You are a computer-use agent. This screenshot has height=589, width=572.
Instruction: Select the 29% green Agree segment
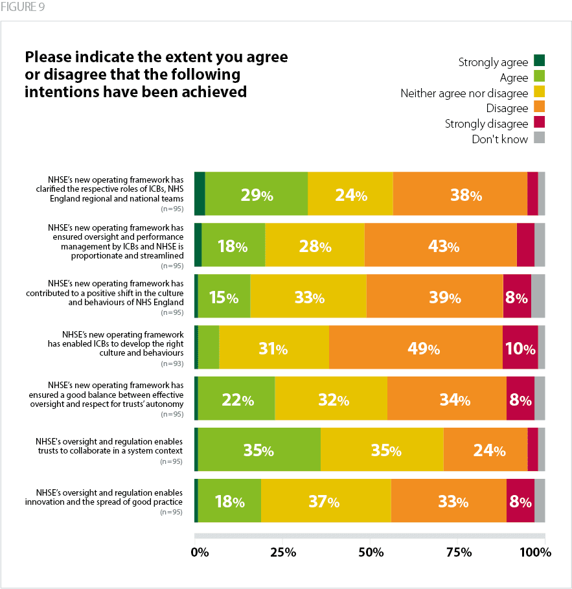[x=256, y=194]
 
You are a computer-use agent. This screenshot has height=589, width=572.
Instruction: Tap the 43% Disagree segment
[x=440, y=245]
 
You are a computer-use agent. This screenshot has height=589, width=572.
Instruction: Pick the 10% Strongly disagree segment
[x=520, y=348]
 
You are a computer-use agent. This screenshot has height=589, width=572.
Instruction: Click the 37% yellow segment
[x=325, y=500]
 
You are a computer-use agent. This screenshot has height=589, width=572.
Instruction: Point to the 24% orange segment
[x=485, y=449]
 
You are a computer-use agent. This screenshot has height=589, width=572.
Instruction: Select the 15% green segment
[x=223, y=296]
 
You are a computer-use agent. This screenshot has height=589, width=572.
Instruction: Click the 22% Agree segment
[x=236, y=398]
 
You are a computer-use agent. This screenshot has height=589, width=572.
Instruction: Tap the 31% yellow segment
[x=273, y=348]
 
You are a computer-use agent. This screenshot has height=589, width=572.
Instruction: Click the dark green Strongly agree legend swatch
[x=539, y=61]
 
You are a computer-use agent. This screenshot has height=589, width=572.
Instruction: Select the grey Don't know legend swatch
[x=539, y=138]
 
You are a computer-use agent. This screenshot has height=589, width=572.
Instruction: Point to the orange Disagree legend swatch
[x=539, y=108]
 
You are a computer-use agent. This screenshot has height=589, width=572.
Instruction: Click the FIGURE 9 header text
[x=23, y=8]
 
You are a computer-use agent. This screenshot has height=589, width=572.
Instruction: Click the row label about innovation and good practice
[x=109, y=496]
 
